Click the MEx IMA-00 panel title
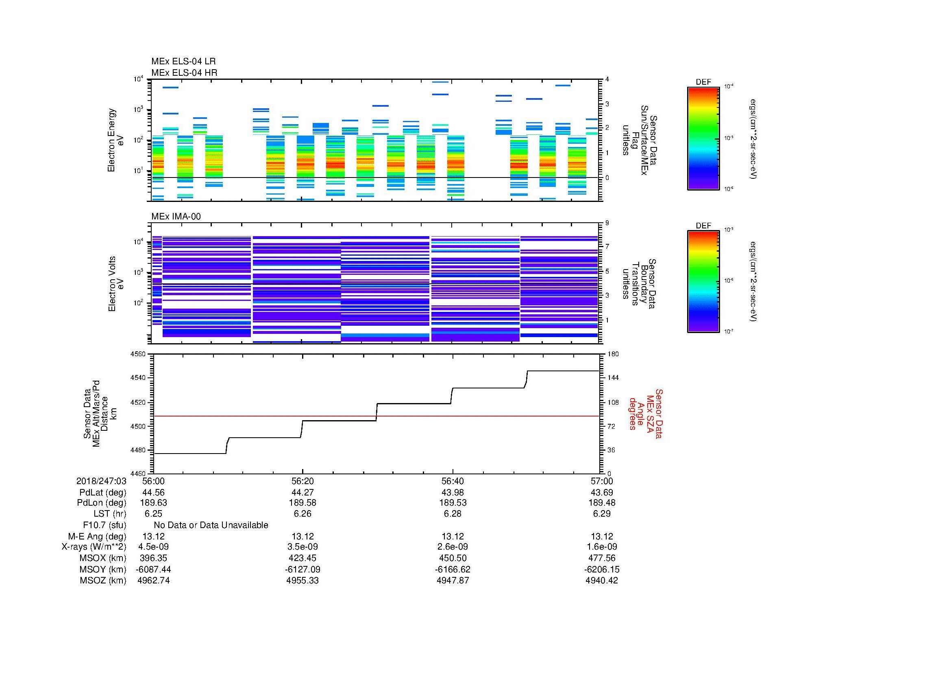coord(176,217)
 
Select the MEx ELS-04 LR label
coord(183,61)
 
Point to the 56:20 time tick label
coord(302,481)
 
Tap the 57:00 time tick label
coord(602,481)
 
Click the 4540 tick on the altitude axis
coord(139,378)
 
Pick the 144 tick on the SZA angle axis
coord(613,378)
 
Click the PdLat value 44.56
coord(153,493)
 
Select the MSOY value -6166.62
coord(452,570)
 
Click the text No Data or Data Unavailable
coord(211,525)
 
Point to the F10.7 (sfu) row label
coord(104,525)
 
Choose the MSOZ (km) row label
coord(103,581)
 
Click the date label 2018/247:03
coord(101,481)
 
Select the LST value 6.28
coord(453,514)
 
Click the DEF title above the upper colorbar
coord(703,82)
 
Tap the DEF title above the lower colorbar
coord(703,226)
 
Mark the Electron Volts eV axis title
coord(116,284)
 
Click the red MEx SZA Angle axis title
coord(645,413)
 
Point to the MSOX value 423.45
coord(302,558)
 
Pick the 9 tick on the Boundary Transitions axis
coord(607,223)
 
